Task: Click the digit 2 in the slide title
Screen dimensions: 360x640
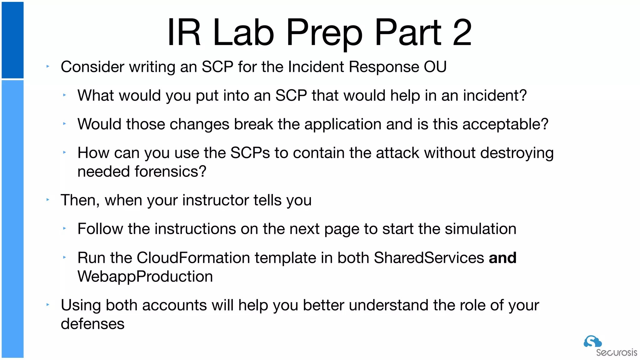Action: click(462, 32)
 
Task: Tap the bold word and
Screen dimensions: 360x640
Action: click(502, 258)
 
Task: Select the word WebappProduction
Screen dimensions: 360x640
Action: click(145, 277)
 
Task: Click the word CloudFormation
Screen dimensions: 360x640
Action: click(193, 258)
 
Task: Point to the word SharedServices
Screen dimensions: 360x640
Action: click(429, 258)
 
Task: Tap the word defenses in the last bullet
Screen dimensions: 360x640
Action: click(92, 324)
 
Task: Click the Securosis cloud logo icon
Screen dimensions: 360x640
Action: click(592, 341)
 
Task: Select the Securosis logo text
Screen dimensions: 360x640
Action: click(616, 353)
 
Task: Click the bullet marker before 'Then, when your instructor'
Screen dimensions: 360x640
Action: click(48, 200)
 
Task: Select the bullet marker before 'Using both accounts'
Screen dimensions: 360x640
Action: click(48, 305)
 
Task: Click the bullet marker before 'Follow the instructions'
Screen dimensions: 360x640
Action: click(64, 228)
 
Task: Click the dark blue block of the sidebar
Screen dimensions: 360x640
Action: click(12, 40)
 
